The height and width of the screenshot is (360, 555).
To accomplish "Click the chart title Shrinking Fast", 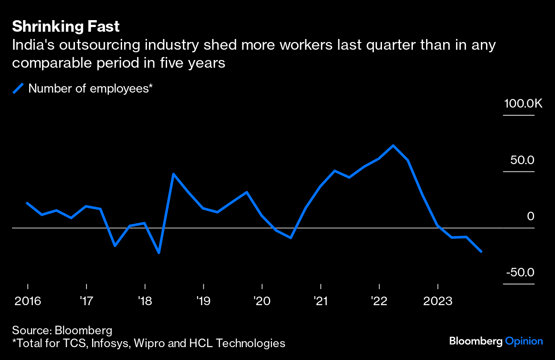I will [x=66, y=27].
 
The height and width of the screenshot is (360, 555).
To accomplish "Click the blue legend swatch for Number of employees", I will [x=18, y=89].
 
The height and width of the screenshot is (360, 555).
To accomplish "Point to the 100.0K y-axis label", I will [x=523, y=104].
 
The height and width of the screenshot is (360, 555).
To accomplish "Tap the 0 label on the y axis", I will [x=531, y=216].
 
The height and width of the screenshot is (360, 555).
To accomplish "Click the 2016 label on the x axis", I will [x=28, y=301].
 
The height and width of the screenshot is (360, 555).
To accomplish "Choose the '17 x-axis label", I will [x=87, y=301].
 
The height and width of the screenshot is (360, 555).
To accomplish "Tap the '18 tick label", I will [x=145, y=301].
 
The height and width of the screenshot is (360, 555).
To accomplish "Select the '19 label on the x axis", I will [x=203, y=301].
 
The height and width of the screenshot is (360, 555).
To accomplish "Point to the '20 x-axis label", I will [x=262, y=301].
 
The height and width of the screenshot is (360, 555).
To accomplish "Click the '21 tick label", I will [x=321, y=301].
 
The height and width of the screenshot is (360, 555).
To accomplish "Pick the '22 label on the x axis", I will [x=379, y=301].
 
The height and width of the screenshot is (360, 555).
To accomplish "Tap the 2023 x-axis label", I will [x=438, y=301].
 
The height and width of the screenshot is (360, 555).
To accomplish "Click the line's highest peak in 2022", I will [x=393, y=146].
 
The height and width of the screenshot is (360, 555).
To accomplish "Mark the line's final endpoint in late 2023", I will [x=482, y=252].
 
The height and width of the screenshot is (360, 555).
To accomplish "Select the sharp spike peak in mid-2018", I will [x=173, y=174].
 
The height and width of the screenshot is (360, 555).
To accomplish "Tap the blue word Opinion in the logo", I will [x=524, y=341].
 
